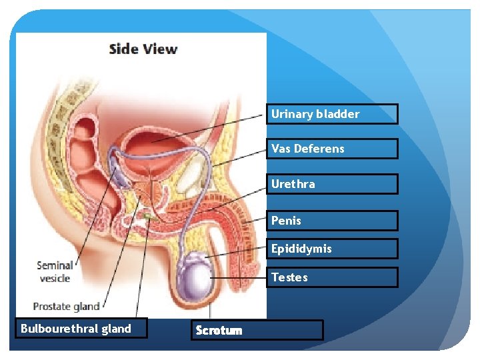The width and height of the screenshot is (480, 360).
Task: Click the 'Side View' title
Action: pos(143,49)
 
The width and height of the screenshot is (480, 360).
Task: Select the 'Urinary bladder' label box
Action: pos(333,114)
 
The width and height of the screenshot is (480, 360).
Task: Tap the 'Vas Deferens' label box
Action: pos(333,149)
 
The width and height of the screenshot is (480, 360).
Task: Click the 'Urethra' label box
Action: pos(333,184)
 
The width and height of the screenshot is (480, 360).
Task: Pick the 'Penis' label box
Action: pos(333,221)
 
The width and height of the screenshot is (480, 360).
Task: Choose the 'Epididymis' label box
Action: pos(333,249)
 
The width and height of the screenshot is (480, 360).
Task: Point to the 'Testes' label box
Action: pos(333,277)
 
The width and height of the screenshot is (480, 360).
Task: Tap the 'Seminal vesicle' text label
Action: pos(55,272)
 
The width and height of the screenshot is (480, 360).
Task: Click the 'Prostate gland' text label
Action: pos(66,307)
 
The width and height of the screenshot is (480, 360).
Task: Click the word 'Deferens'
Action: pos(320,149)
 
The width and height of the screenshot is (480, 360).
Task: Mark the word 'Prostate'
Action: pos(51,307)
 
